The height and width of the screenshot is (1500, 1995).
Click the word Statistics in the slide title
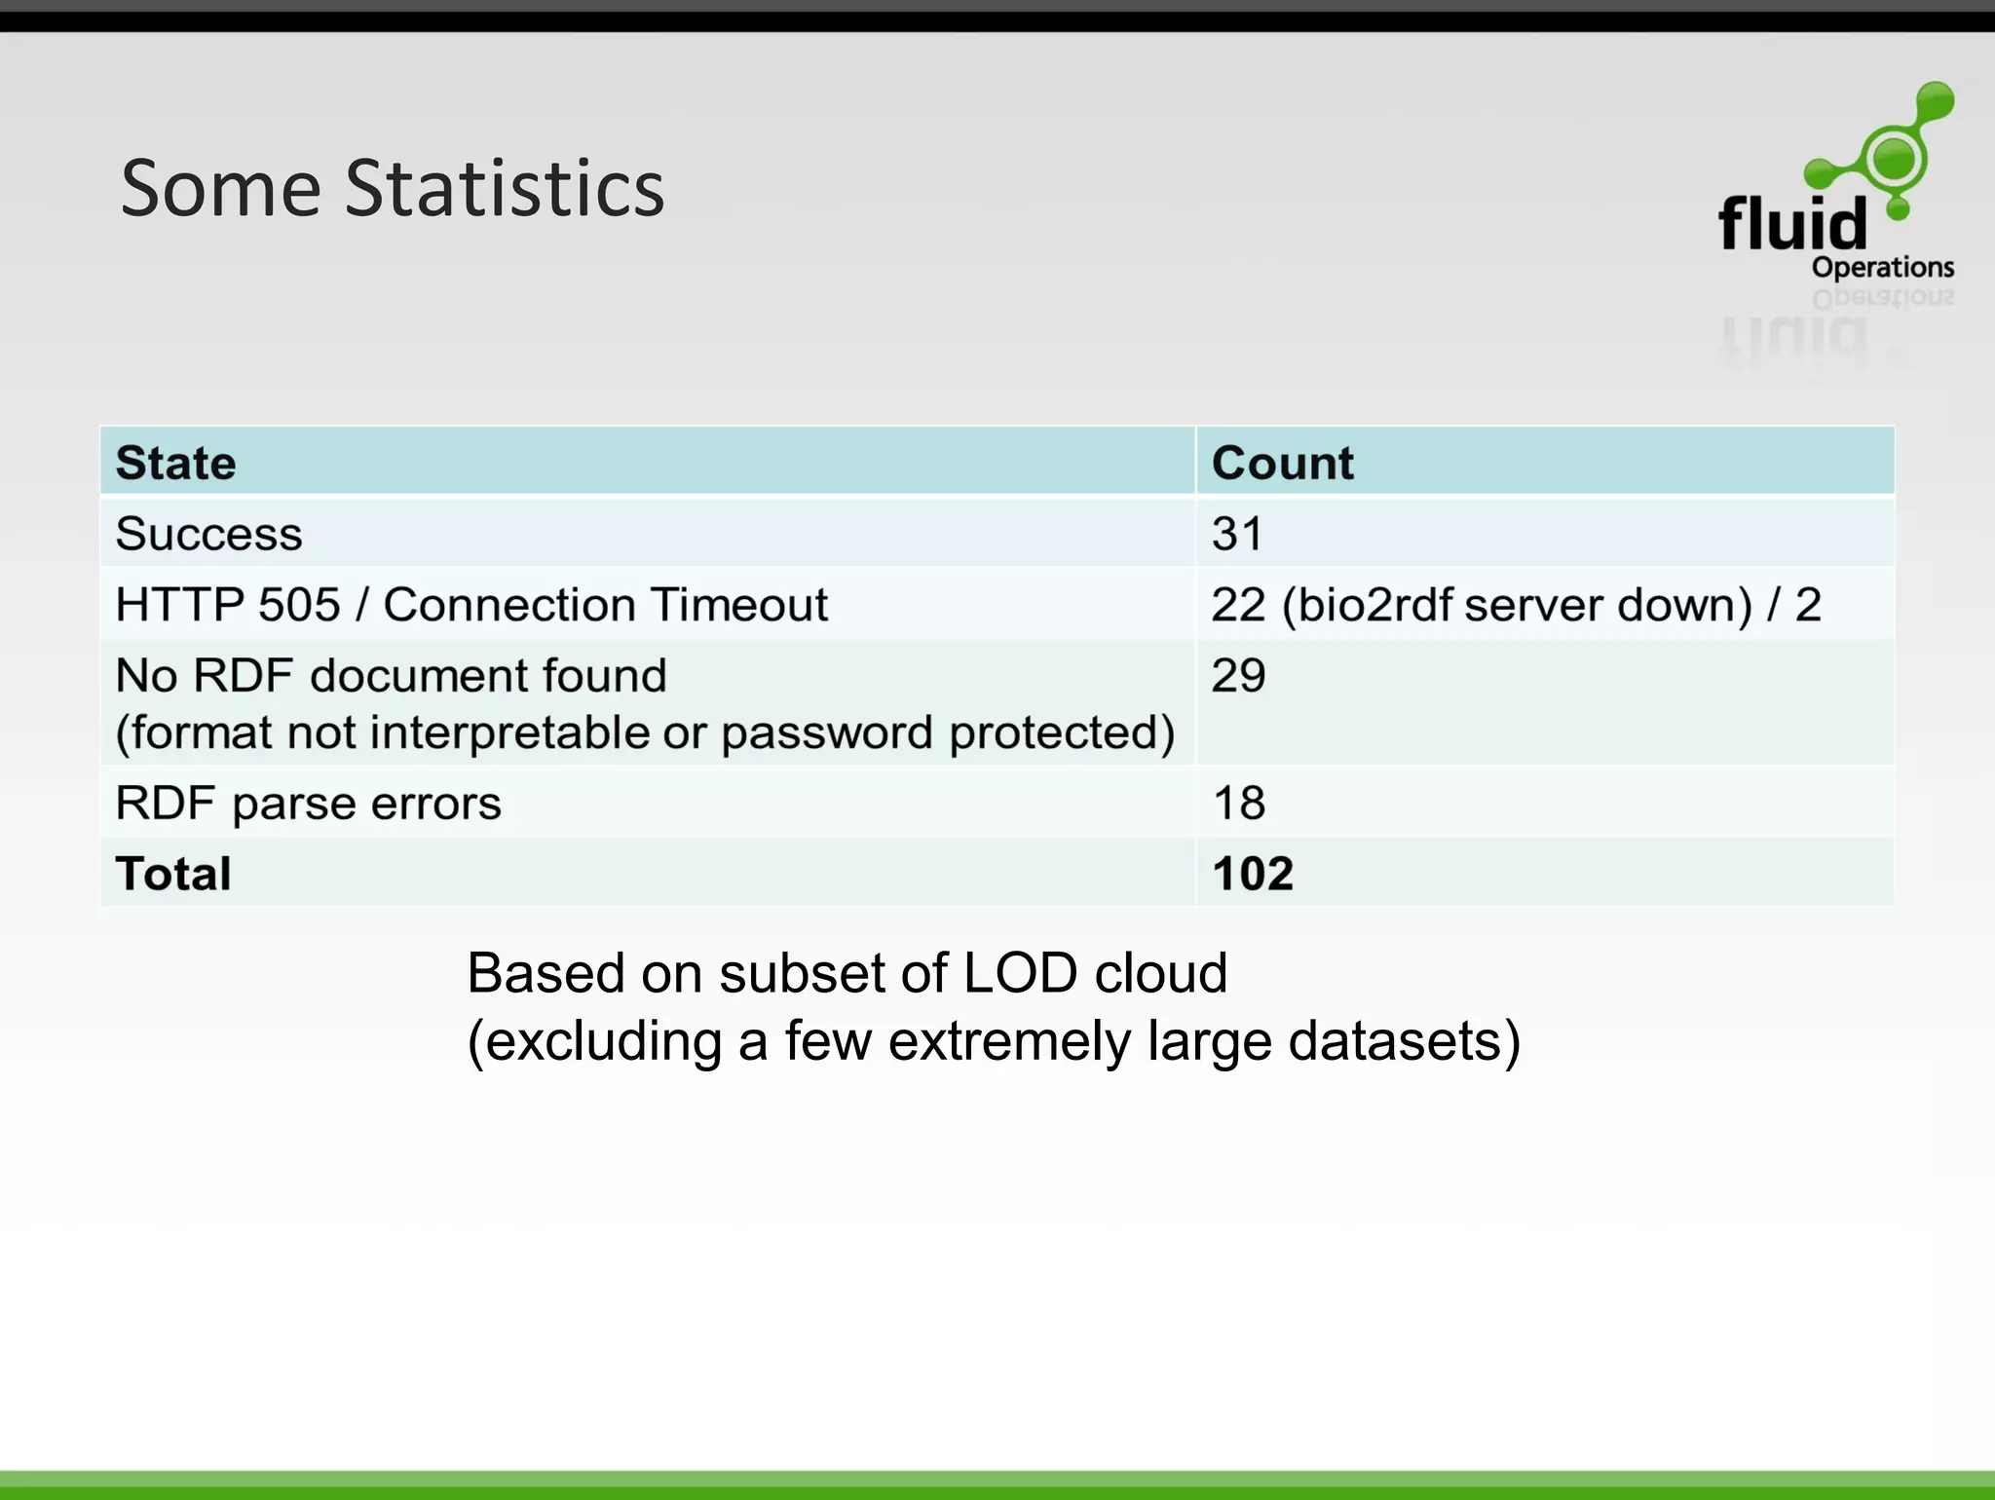click(505, 188)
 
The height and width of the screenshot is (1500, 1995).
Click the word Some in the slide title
click(221, 188)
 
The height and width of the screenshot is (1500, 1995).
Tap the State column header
click(175, 463)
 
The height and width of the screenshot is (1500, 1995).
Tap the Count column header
click(1282, 463)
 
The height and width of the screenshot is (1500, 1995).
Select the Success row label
click(208, 534)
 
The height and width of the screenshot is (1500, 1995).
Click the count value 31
click(1236, 534)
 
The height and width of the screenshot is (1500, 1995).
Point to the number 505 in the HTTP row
click(299, 605)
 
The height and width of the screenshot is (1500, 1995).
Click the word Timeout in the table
click(739, 605)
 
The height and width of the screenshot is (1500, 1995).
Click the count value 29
click(1238, 675)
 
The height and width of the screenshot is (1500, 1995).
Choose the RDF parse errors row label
click(308, 804)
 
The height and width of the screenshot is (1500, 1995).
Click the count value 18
click(1238, 804)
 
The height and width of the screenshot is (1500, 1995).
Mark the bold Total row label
click(173, 874)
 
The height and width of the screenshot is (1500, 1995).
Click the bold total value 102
click(1253, 874)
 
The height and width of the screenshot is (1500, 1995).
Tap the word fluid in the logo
click(1792, 223)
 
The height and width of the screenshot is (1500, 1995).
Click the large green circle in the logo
click(1894, 158)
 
